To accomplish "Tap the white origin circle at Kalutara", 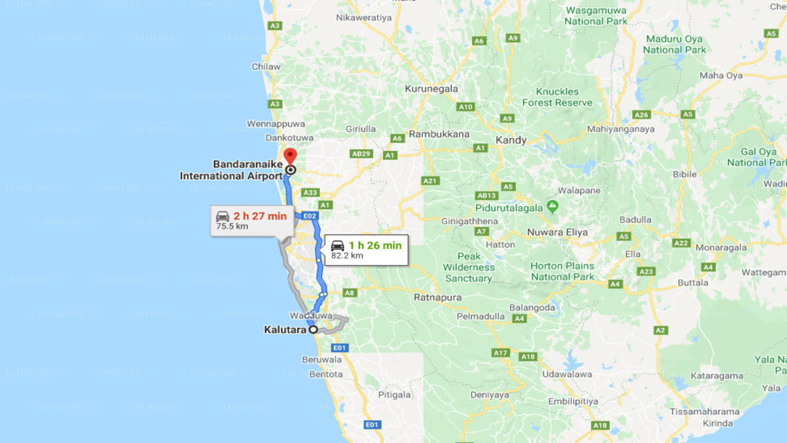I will click(x=313, y=330).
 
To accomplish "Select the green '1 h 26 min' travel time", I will click(x=374, y=245).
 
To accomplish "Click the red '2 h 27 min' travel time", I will click(x=259, y=216).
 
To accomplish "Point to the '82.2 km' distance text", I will click(x=347, y=256).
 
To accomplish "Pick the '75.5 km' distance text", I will click(x=232, y=226).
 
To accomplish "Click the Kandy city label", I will click(x=511, y=140).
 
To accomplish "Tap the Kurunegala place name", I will click(x=431, y=89).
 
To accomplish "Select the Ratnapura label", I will click(x=437, y=297).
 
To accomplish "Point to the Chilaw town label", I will click(x=266, y=66).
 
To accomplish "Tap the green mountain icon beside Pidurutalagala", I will click(x=553, y=205).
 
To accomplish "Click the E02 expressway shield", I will click(x=309, y=216).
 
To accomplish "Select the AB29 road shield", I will click(x=361, y=154).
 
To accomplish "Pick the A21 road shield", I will click(x=430, y=181).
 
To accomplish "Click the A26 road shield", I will click(x=641, y=114).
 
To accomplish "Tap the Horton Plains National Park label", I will click(x=563, y=271).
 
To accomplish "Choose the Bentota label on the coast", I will click(x=326, y=374).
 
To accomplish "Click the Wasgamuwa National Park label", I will click(x=596, y=15).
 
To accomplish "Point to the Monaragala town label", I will click(x=721, y=247).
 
